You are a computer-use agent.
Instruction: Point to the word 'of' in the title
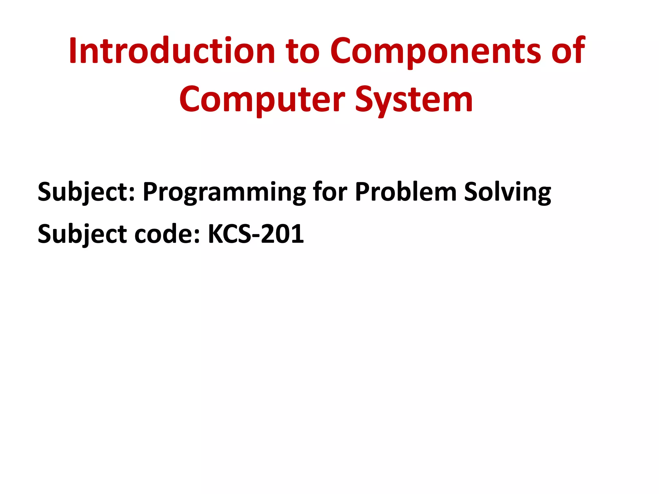[568, 51]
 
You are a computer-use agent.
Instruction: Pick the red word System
[414, 100]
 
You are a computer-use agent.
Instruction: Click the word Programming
[224, 192]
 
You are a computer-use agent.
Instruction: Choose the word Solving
[507, 192]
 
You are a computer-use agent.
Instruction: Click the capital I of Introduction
[73, 51]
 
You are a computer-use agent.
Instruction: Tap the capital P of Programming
[150, 192]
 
